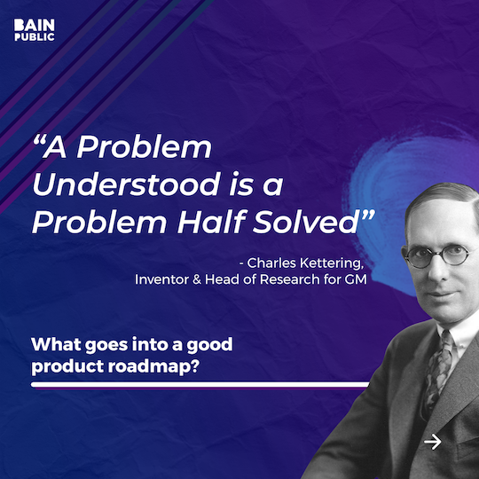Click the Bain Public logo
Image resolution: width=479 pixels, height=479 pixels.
pos(35,29)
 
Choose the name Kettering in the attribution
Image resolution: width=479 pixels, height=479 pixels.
pos(334,263)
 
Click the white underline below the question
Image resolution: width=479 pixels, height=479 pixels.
pos(200,385)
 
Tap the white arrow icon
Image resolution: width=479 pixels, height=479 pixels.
pos(433,441)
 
